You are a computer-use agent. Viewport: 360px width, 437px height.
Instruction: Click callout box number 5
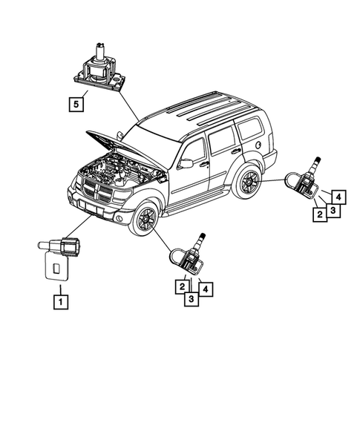pyautogui.click(x=76, y=104)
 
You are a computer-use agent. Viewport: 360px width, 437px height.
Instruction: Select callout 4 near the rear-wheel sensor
pyautogui.click(x=336, y=197)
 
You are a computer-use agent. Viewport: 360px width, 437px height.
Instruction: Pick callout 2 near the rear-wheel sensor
pyautogui.click(x=318, y=214)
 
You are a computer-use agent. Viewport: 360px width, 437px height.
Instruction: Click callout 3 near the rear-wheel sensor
pyautogui.click(x=333, y=211)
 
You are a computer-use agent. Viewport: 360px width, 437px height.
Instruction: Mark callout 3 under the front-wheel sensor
pyautogui.click(x=192, y=298)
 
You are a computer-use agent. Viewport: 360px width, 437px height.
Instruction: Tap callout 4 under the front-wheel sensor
pyautogui.click(x=206, y=287)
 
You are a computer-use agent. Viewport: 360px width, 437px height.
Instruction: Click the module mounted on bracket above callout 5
pyautogui.click(x=99, y=69)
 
